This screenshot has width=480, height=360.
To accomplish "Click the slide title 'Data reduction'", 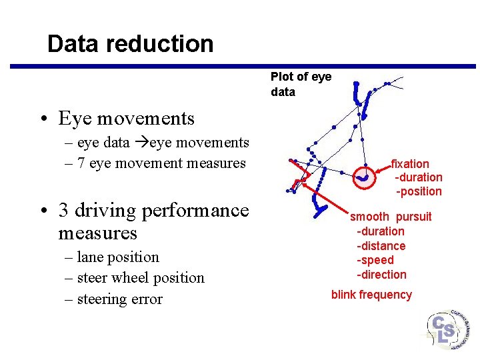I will click(x=131, y=44).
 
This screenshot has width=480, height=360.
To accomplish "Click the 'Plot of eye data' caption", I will click(x=301, y=84).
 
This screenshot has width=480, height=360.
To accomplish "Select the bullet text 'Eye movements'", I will click(x=126, y=119).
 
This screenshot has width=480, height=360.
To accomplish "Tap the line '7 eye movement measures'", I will click(x=161, y=163).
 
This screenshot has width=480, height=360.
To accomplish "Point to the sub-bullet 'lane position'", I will click(x=118, y=257).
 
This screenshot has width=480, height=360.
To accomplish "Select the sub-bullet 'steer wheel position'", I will click(x=141, y=278).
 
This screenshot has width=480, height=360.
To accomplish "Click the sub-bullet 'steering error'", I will click(x=119, y=299).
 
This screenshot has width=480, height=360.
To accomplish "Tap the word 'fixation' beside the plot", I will click(x=410, y=163).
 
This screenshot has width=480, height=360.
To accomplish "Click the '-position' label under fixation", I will click(x=419, y=191).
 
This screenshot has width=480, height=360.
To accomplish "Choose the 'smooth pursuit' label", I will click(x=391, y=217).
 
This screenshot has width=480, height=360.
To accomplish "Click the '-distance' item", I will click(x=381, y=246).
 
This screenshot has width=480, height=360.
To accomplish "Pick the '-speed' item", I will click(x=375, y=260).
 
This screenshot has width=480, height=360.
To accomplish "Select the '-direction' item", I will click(x=381, y=275).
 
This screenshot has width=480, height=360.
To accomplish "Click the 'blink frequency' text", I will click(x=371, y=295).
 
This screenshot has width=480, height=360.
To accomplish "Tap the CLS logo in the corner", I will click(x=447, y=329).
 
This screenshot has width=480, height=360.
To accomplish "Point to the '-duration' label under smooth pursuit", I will click(x=380, y=231).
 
